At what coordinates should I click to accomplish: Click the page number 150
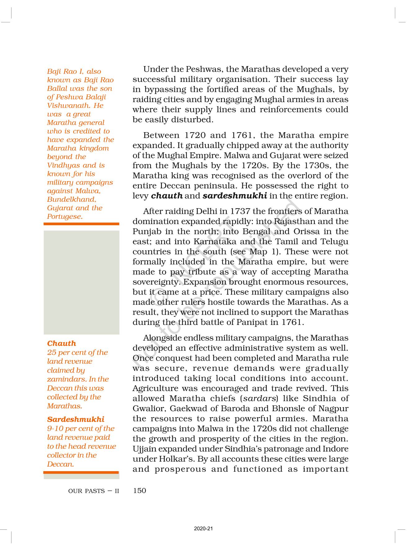point(139,491)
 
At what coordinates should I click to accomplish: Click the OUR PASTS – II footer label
point(93,491)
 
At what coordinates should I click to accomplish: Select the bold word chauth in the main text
point(167,196)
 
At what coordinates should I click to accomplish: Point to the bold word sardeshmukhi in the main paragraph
point(235,196)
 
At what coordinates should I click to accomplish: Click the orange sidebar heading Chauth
point(61,343)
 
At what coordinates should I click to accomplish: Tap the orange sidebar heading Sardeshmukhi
point(75,419)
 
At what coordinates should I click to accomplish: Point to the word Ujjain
point(144,449)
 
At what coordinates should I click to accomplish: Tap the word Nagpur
point(333,408)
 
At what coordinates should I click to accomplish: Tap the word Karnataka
point(214,241)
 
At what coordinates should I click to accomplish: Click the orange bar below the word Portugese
point(81,224)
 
